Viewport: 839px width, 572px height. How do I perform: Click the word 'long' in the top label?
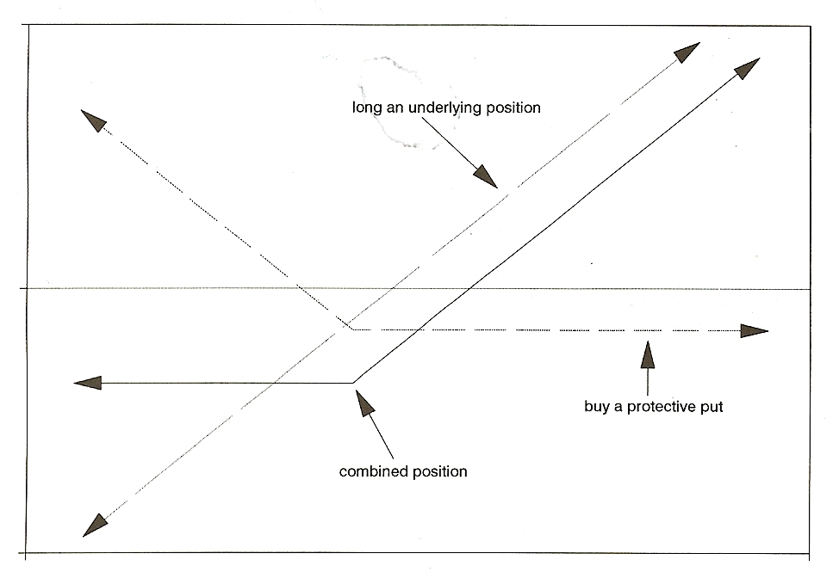(367, 108)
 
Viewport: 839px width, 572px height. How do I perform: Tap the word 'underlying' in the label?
(444, 108)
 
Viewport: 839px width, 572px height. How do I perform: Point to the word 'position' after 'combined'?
(438, 472)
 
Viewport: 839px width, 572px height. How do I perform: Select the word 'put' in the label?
(712, 408)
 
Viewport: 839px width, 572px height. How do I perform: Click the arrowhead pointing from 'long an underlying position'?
(485, 176)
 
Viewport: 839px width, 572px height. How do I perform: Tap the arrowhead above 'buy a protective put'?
(648, 354)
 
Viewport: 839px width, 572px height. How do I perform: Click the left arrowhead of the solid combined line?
(87, 383)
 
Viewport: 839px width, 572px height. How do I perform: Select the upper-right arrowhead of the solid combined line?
(748, 68)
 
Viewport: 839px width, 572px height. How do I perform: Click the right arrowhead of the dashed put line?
(755, 331)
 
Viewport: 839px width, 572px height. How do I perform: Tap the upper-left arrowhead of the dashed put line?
(93, 120)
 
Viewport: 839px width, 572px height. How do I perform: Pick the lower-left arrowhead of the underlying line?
(95, 526)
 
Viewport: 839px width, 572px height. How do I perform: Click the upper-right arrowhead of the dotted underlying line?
(687, 52)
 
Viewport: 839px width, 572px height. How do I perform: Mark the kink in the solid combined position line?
(353, 383)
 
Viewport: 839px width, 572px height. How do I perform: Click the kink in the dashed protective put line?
(352, 329)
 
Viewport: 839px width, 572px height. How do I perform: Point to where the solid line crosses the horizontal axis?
(469, 289)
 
